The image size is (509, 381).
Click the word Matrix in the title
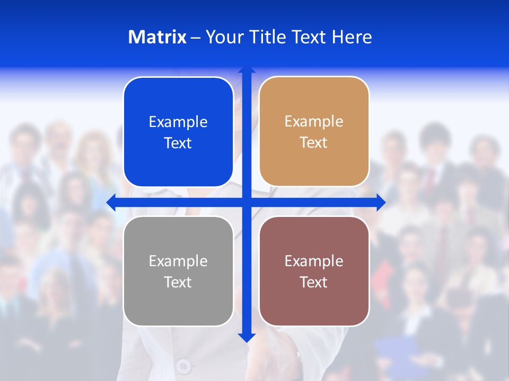coord(157,37)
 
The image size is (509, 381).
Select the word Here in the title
coord(352,37)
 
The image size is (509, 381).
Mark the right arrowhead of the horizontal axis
coord(381,203)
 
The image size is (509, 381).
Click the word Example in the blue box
coord(178,122)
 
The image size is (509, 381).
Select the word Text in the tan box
coord(313,143)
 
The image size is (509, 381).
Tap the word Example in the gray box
coord(178,261)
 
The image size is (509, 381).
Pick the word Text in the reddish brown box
coord(313,282)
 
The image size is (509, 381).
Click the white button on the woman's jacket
coord(184,366)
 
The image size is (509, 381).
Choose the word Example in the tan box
coord(314,122)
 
